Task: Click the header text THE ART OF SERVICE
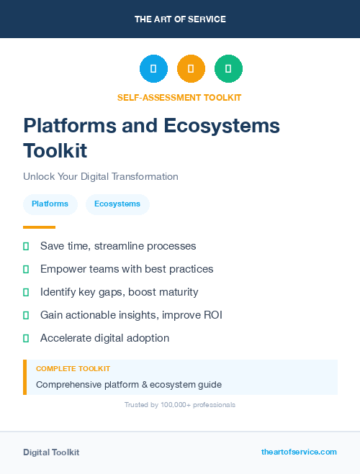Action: pos(180,19)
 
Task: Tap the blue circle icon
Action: pos(153,69)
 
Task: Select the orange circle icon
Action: pos(191,69)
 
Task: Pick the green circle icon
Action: pos(228,69)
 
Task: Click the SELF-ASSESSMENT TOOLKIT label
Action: pos(179,97)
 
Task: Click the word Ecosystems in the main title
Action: pos(221,126)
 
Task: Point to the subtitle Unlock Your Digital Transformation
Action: pos(100,176)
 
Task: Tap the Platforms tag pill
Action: pos(50,204)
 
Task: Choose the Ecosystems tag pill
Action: pos(117,204)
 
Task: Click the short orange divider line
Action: pos(39,227)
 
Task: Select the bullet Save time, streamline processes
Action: pos(118,246)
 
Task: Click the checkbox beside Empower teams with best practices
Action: pos(26,269)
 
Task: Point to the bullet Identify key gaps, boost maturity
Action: pos(119,292)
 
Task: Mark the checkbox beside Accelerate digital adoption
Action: pos(26,338)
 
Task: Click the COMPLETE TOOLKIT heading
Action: pos(73,369)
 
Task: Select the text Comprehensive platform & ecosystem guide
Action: pos(129,384)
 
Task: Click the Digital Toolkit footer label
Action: pos(51,452)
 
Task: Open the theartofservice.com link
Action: pos(299,452)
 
